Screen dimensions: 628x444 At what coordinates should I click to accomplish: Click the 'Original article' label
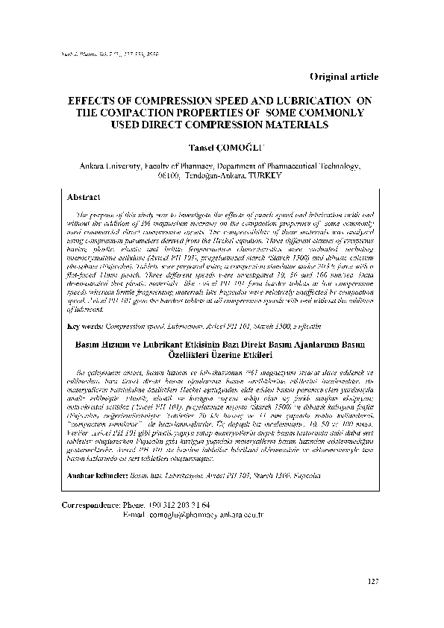(x=343, y=77)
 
